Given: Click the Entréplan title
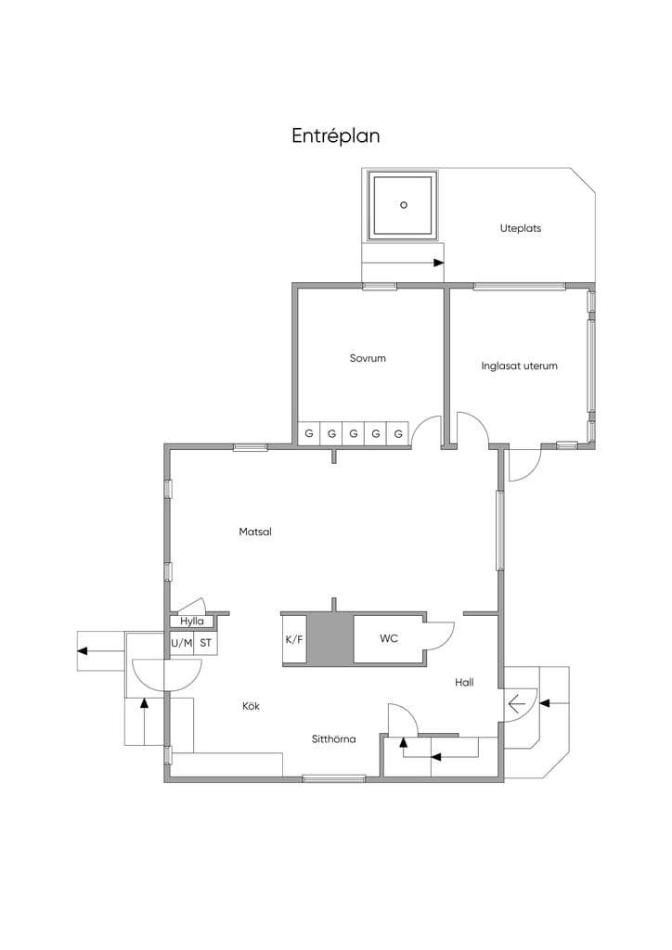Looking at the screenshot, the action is (x=336, y=135).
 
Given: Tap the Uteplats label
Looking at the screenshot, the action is (x=521, y=228).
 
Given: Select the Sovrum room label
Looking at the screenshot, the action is (x=368, y=358).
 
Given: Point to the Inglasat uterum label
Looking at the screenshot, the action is (x=519, y=366).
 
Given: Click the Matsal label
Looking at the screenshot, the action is (x=255, y=532).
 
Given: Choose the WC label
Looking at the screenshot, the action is (x=389, y=638).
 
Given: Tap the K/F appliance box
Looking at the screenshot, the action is (x=294, y=639).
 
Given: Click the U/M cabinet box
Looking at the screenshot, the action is (x=181, y=644).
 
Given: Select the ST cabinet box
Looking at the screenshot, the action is (x=205, y=644).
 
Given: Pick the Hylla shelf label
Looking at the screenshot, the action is (x=191, y=622).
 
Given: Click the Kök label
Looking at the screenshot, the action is (x=251, y=706).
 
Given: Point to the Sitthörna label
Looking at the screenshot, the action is (x=334, y=739).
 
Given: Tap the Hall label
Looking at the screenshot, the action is (x=464, y=682).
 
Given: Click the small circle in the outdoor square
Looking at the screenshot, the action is (x=404, y=205).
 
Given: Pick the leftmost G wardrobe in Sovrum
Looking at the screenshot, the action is (x=309, y=434).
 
